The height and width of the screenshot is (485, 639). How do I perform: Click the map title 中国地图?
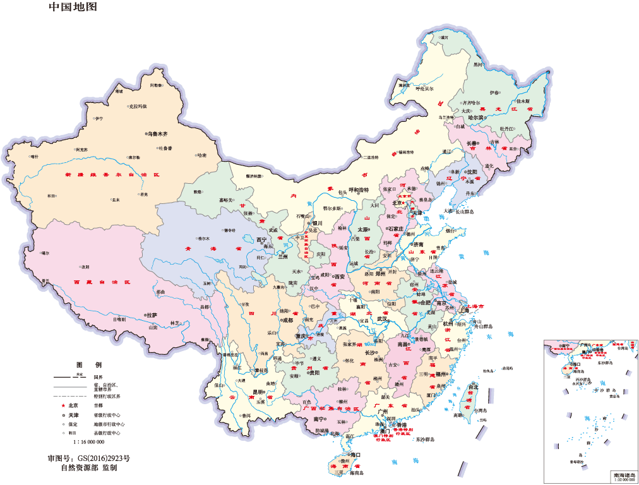click(73, 8)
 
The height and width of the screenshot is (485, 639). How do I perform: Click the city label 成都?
click(287, 320)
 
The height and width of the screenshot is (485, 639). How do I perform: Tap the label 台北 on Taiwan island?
click(474, 386)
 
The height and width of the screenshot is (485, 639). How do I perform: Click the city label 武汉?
click(383, 319)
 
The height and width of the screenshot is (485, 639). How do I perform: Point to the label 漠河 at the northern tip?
click(445, 38)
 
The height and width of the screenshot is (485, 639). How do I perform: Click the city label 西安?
click(339, 277)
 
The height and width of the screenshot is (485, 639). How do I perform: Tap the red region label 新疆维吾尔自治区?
click(113, 174)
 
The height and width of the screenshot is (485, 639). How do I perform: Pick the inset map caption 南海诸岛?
click(624, 474)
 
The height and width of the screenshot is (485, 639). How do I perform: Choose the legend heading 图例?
click(88, 365)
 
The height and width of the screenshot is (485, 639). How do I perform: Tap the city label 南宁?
click(318, 419)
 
